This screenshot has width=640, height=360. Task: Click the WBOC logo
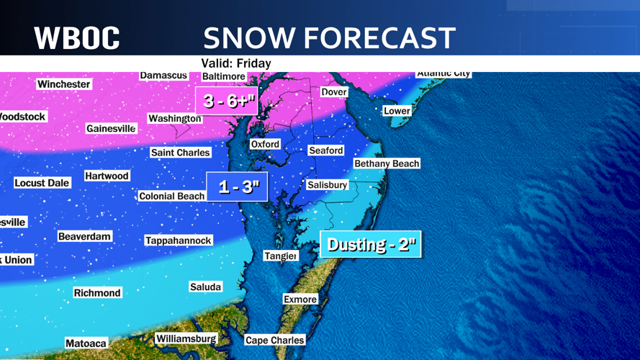77,37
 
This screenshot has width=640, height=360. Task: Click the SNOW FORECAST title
329,37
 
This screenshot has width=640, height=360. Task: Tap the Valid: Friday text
236,63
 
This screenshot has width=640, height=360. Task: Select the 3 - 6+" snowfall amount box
226,101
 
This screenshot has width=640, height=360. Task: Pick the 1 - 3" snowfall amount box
238,187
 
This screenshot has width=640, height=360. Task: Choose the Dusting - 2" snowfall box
371,245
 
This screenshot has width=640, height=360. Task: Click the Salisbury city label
327,185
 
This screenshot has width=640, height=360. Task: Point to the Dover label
334,92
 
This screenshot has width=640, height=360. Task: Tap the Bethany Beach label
387,163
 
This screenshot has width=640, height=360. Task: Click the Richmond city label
97,293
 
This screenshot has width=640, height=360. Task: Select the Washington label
174,118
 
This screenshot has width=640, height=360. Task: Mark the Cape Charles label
274,341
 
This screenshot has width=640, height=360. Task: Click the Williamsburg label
186,338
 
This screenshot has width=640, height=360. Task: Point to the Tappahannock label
179,240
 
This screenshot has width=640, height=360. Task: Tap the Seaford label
326,150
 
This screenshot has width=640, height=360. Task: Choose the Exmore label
300,300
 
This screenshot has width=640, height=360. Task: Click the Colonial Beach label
171,196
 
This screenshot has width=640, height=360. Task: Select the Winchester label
64,84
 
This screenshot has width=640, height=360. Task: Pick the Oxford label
265,144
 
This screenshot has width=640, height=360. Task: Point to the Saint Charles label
180,153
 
